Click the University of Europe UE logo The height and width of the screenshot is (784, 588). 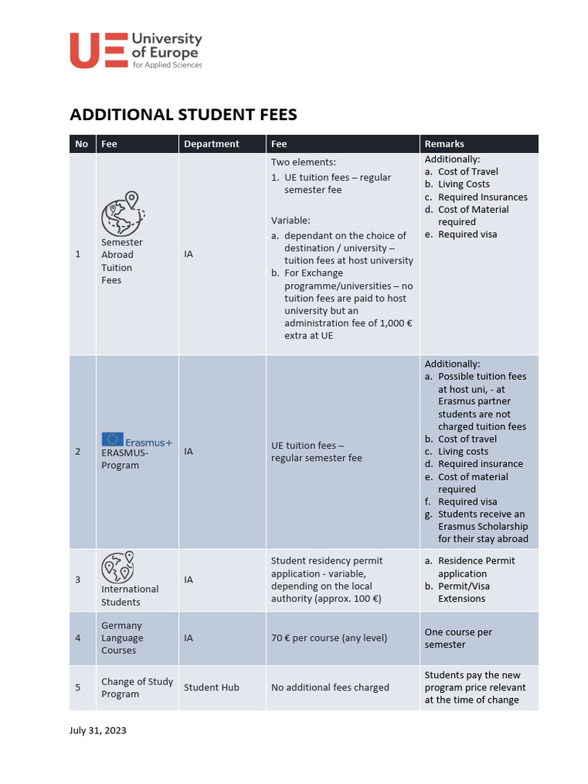136,51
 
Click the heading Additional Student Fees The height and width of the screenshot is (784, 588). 183,115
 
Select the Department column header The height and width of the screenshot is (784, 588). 211,144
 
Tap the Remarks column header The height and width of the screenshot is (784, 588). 444,144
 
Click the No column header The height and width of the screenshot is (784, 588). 82,144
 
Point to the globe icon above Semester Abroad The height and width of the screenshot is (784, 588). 122,214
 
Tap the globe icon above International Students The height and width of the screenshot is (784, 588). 118,567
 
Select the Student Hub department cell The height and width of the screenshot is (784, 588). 211,688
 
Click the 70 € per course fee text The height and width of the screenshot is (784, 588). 329,639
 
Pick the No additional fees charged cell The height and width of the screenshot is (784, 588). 330,688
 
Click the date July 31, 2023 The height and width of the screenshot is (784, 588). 98,730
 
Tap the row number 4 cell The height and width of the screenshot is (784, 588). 77,639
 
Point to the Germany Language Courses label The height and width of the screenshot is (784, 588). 122,638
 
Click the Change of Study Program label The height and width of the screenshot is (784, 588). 137,688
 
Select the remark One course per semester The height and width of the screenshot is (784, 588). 458,639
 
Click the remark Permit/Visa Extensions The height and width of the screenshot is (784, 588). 462,593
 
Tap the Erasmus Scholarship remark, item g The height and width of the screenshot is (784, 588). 482,526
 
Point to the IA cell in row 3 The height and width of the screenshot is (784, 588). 188,580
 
